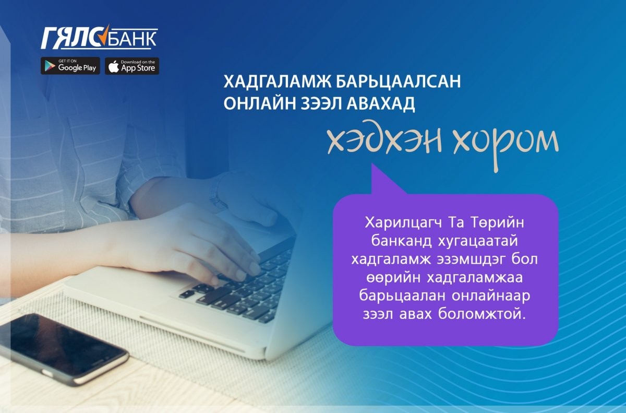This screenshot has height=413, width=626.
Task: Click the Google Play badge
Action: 70,66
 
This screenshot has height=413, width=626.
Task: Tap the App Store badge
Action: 132,66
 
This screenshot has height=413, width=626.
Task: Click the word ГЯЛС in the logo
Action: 75,38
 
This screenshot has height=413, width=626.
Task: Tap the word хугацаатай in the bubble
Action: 478,242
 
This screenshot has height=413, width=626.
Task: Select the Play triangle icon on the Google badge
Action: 50,66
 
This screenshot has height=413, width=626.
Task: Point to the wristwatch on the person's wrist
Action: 218,193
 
